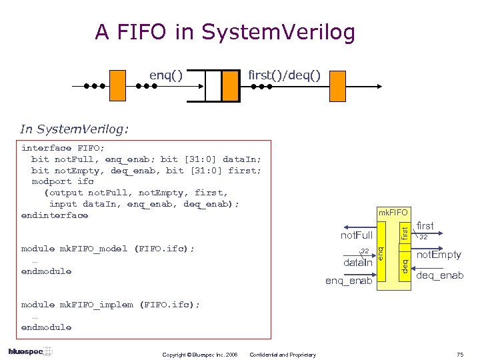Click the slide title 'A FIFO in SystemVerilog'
225,31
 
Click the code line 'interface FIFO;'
63,147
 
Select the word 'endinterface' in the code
55,215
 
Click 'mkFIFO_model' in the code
94,249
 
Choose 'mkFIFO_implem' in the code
97,305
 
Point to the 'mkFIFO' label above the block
393,213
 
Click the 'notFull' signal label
357,235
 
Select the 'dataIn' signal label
357,263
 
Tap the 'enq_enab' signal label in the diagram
349,281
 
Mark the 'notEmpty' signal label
439,255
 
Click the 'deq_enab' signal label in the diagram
439,275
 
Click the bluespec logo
30,351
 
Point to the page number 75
459,354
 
